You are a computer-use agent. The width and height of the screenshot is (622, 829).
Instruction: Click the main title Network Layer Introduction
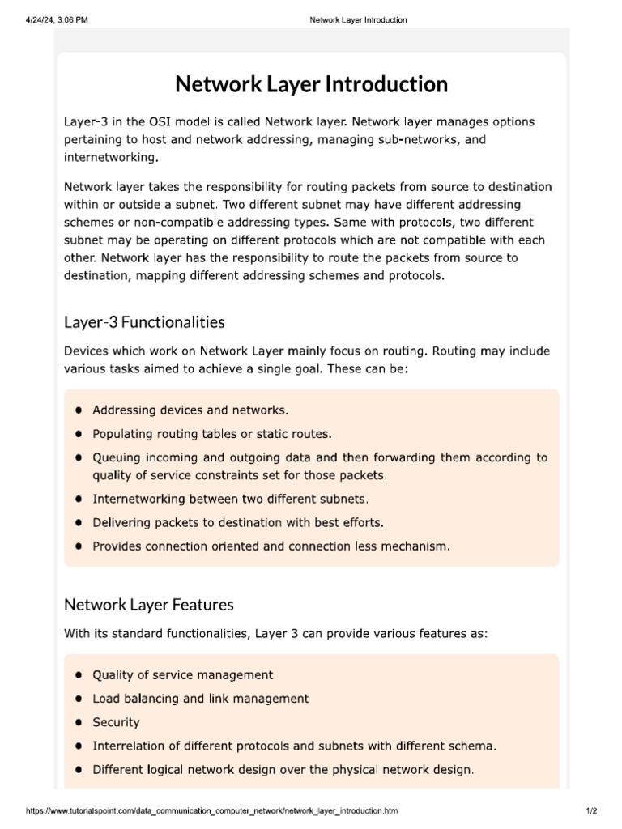click(311, 84)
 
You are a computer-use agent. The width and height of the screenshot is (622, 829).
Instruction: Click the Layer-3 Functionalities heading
click(144, 322)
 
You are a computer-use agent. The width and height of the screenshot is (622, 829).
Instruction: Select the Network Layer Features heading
click(148, 604)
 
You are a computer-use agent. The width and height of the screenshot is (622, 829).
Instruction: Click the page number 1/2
click(590, 810)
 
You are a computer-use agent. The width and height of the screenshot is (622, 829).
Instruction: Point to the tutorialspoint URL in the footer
click(212, 810)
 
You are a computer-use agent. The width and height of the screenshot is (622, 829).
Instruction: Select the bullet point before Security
click(79, 722)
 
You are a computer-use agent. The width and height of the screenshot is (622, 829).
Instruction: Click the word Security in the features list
click(116, 722)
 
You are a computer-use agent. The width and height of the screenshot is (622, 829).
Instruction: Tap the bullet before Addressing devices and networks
click(79, 410)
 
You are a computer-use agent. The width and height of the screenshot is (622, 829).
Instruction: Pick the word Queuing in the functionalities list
click(117, 457)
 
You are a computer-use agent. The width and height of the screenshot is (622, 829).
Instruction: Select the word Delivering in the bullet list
click(121, 522)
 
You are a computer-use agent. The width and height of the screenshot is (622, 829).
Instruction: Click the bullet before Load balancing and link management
click(79, 699)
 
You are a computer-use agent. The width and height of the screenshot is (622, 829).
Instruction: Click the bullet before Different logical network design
click(79, 769)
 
